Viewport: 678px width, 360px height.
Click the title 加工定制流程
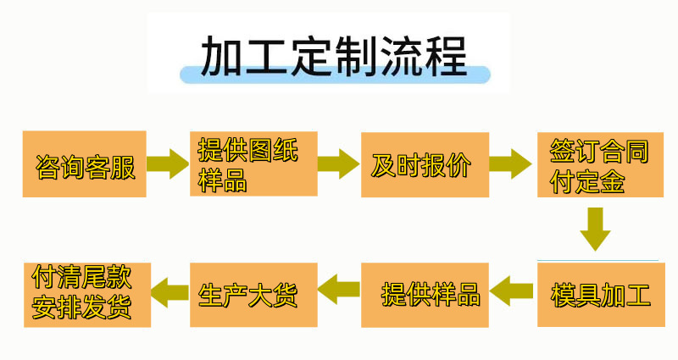click(x=334, y=56)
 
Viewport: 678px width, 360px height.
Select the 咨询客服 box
click(x=84, y=164)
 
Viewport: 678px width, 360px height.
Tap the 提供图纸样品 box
click(x=253, y=163)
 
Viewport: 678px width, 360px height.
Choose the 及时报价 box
click(x=425, y=164)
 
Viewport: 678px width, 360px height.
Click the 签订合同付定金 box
click(x=600, y=164)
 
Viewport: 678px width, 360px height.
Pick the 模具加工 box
click(x=601, y=295)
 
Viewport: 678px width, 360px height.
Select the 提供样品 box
click(x=425, y=295)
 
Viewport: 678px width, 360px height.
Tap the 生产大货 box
click(x=253, y=295)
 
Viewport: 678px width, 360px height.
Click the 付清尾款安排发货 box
click(x=87, y=295)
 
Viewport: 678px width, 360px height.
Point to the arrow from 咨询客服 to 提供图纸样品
click(x=168, y=163)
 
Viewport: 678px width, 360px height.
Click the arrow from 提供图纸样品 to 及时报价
click(x=338, y=163)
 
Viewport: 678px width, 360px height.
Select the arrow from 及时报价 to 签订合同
click(x=511, y=163)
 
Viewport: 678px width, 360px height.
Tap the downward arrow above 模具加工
click(x=596, y=229)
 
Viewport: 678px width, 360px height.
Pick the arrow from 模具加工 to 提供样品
click(x=512, y=291)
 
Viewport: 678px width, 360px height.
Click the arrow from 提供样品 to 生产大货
click(x=338, y=289)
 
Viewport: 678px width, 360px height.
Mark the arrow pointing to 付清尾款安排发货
click(x=169, y=292)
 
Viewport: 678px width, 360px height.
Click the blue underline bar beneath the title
click(x=335, y=75)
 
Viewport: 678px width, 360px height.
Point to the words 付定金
click(x=587, y=181)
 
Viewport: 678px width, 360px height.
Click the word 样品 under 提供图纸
click(x=222, y=180)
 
